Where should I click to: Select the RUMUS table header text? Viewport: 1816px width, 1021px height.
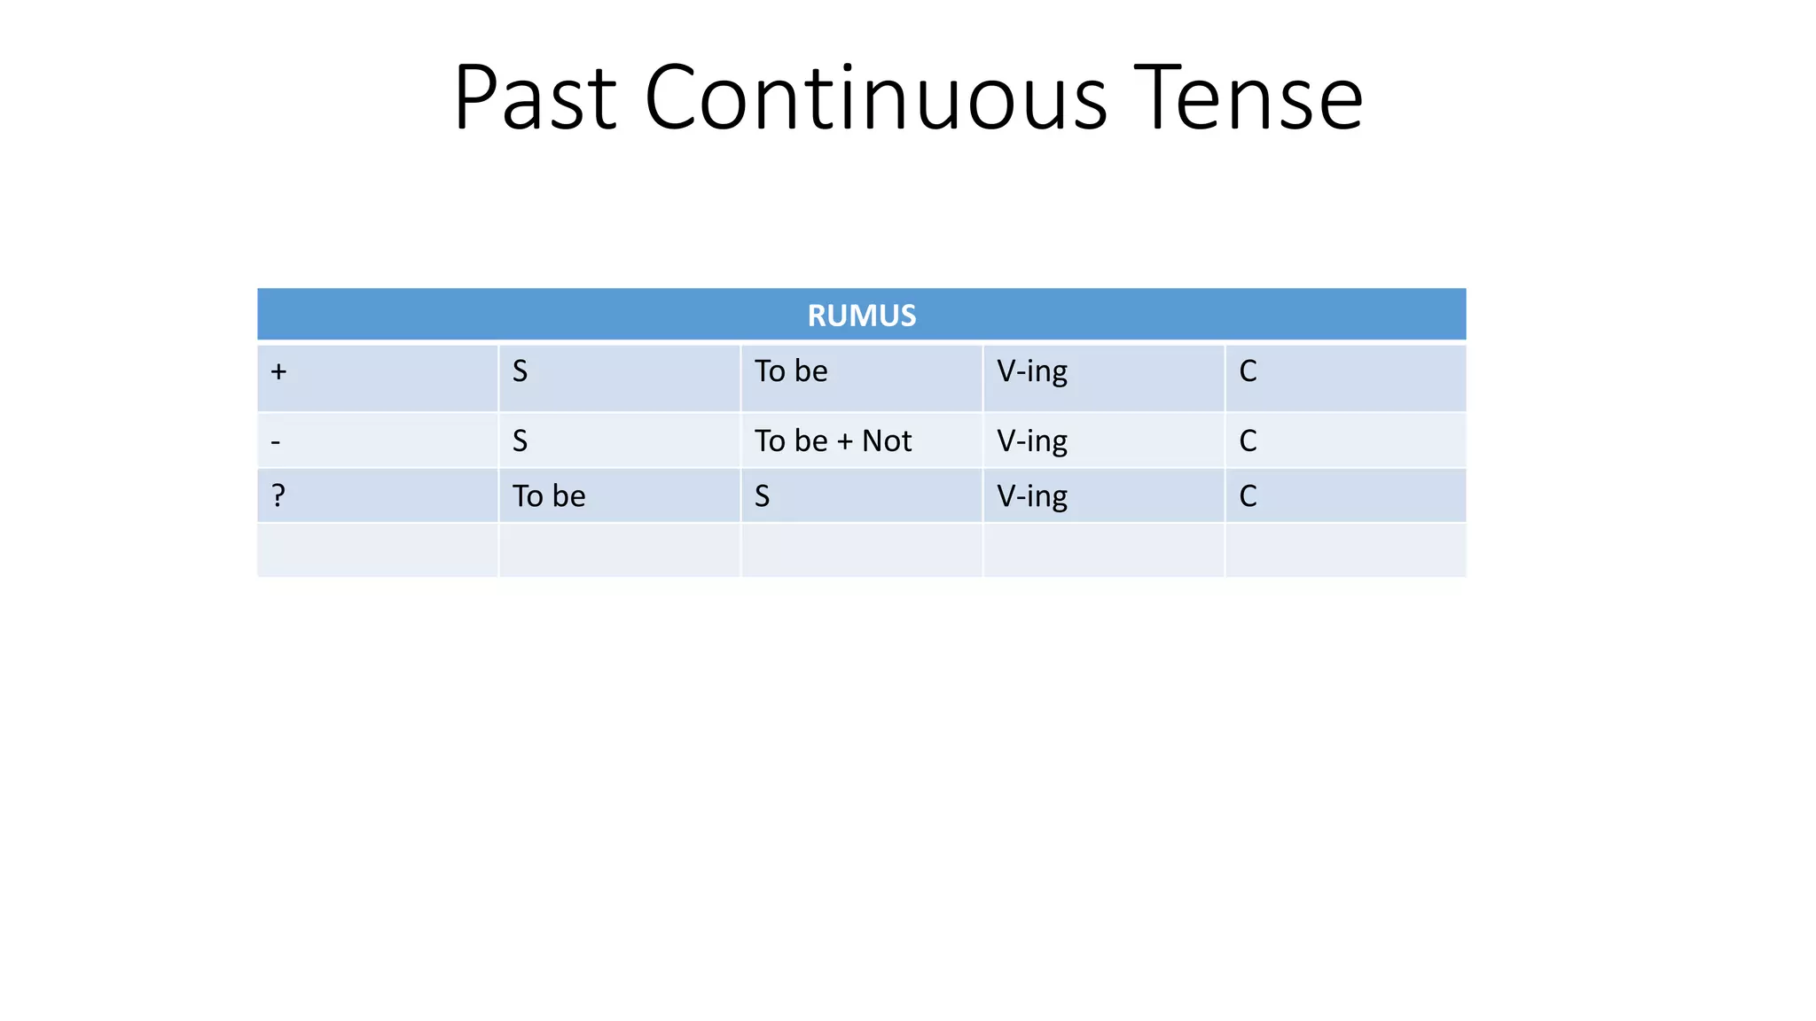pos(861,316)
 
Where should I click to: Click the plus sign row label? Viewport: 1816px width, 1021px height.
pos(278,371)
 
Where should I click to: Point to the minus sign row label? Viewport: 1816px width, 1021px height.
pos(276,441)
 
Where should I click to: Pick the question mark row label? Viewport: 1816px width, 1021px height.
pos(278,495)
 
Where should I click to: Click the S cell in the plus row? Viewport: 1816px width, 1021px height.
pos(520,371)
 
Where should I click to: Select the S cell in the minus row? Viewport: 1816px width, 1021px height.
pos(520,441)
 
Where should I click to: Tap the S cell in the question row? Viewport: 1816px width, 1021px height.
pos(762,496)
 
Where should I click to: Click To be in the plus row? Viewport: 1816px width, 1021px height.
pos(790,371)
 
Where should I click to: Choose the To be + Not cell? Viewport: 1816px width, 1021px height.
pos(832,441)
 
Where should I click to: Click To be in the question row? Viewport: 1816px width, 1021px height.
pos(548,496)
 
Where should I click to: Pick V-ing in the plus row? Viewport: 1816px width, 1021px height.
pos(1031,371)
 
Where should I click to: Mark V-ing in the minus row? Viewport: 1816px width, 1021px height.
pos(1031,441)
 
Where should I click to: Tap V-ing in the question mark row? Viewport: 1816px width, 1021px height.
pos(1031,496)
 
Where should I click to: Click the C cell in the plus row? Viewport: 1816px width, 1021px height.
pos(1248,371)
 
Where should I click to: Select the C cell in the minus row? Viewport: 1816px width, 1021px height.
pos(1248,441)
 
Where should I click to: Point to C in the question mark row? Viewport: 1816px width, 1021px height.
pos(1248,496)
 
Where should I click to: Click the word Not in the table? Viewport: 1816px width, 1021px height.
pos(886,441)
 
